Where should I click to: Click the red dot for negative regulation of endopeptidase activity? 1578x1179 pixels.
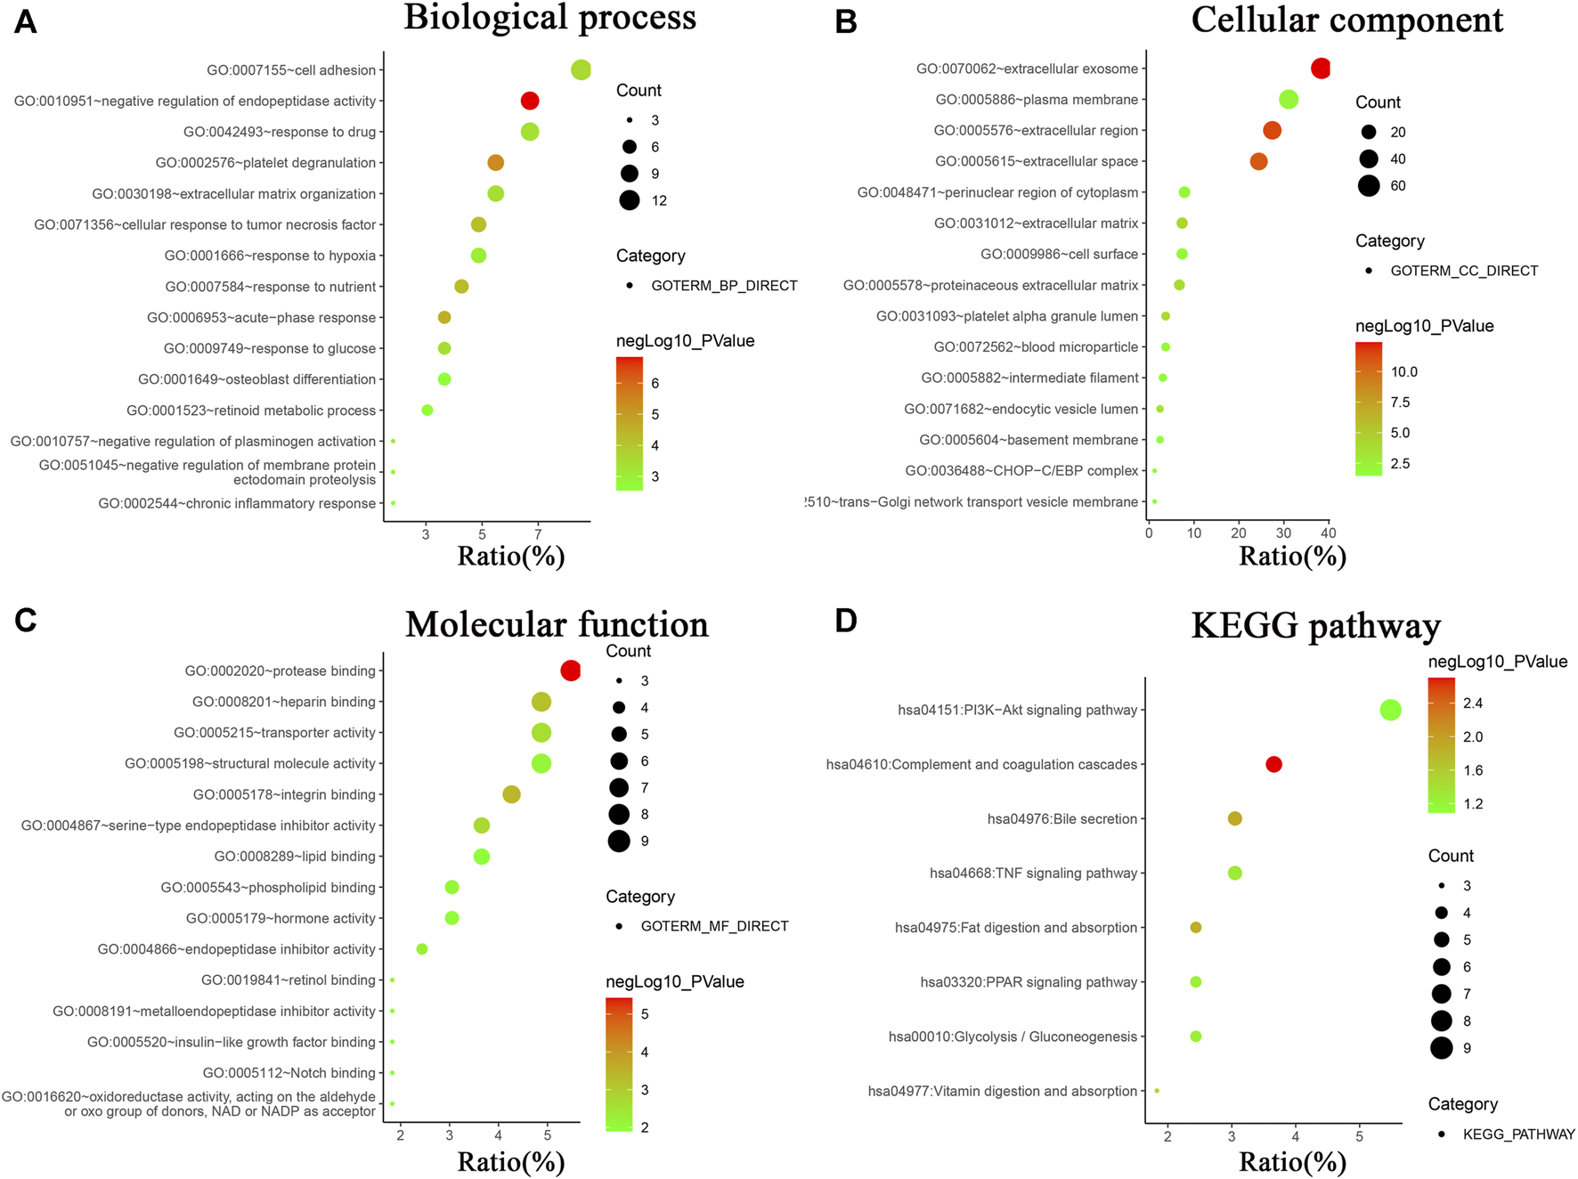(x=530, y=101)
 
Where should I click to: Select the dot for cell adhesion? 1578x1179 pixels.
(x=581, y=69)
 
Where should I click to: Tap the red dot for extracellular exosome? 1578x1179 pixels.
(x=1321, y=69)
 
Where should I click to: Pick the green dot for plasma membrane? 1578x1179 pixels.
(x=1288, y=100)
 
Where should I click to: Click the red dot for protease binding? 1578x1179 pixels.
(x=571, y=671)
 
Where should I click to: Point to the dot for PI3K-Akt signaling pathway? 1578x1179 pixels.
(x=1390, y=710)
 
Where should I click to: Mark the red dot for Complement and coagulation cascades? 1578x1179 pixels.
(x=1273, y=764)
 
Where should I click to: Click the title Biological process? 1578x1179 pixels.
(x=549, y=18)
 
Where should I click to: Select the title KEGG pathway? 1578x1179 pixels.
(x=1315, y=626)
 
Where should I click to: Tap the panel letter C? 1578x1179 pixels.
(x=25, y=621)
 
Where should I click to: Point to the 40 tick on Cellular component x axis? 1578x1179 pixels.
(x=1328, y=533)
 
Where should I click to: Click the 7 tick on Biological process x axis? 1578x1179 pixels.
(x=538, y=534)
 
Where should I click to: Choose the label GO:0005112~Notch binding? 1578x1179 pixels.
(x=289, y=1073)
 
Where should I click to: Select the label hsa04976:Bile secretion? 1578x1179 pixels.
(x=1061, y=819)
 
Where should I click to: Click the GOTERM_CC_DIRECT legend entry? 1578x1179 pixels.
(x=1463, y=271)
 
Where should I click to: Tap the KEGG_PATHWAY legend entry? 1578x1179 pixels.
(x=1518, y=1134)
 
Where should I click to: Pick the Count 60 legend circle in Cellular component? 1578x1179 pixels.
(x=1369, y=185)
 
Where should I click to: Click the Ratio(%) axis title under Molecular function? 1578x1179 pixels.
(x=510, y=1161)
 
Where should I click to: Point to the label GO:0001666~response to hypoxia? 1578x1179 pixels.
(x=270, y=256)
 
